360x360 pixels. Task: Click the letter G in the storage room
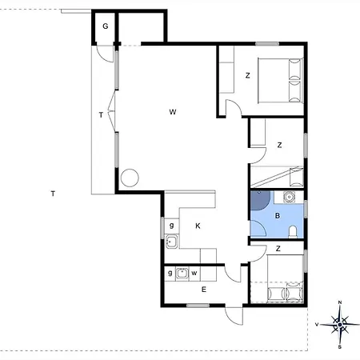(106, 26)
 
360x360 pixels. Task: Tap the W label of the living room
(173, 112)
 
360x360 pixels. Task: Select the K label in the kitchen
(198, 226)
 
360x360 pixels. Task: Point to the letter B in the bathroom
(278, 216)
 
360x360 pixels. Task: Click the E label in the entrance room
(204, 290)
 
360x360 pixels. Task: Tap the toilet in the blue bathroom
(293, 232)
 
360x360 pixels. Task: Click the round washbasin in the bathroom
(289, 197)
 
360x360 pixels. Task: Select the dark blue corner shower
(260, 200)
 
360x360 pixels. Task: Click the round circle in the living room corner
(130, 178)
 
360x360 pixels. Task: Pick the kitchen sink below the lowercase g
(172, 242)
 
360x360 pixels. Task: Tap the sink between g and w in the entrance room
(182, 274)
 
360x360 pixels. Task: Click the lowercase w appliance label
(194, 273)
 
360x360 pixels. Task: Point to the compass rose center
(340, 325)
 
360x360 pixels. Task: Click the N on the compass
(340, 302)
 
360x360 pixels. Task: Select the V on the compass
(317, 325)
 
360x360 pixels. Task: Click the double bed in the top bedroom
(281, 81)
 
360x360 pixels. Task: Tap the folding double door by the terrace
(112, 111)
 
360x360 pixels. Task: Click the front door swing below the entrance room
(234, 316)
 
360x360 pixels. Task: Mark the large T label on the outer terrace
(53, 194)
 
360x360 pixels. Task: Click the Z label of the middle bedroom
(279, 146)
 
